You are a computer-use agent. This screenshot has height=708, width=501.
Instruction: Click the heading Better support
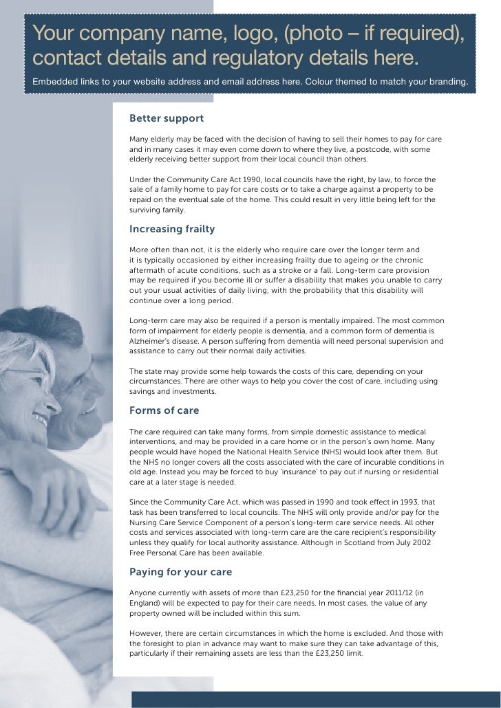167,119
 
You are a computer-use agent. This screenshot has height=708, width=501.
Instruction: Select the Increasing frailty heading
172,229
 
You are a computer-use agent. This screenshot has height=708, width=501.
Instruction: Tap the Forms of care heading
164,410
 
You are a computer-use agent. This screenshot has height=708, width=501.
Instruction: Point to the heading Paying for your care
181,571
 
